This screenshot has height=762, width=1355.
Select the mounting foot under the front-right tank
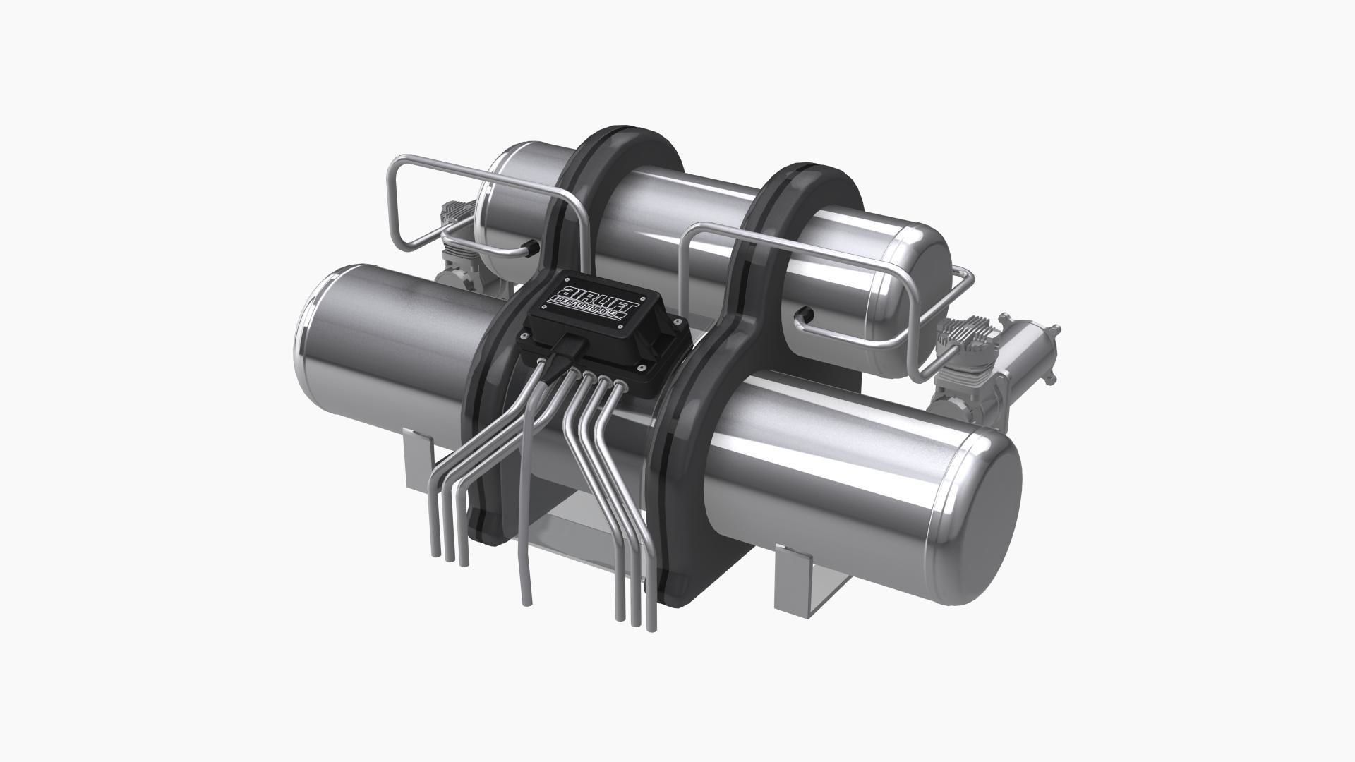coord(805,579)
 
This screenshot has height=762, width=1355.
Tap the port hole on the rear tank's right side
coord(805,313)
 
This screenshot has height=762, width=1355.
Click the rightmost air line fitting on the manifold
coord(620,385)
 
